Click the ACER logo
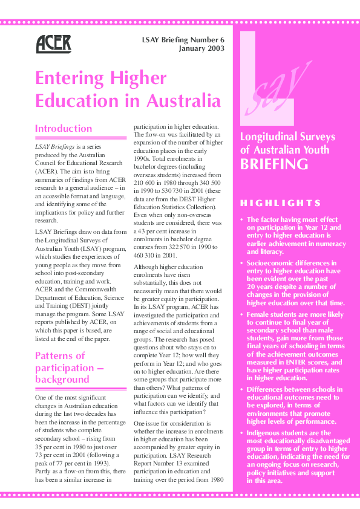53,43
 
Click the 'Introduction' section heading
64,129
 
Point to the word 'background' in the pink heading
62,379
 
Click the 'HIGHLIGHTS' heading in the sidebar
280,203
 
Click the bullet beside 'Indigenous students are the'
243,433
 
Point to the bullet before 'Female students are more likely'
243,315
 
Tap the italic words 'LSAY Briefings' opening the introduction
54,147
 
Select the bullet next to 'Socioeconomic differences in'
243,264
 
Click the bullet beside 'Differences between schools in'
243,390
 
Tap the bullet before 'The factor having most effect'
243,220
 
